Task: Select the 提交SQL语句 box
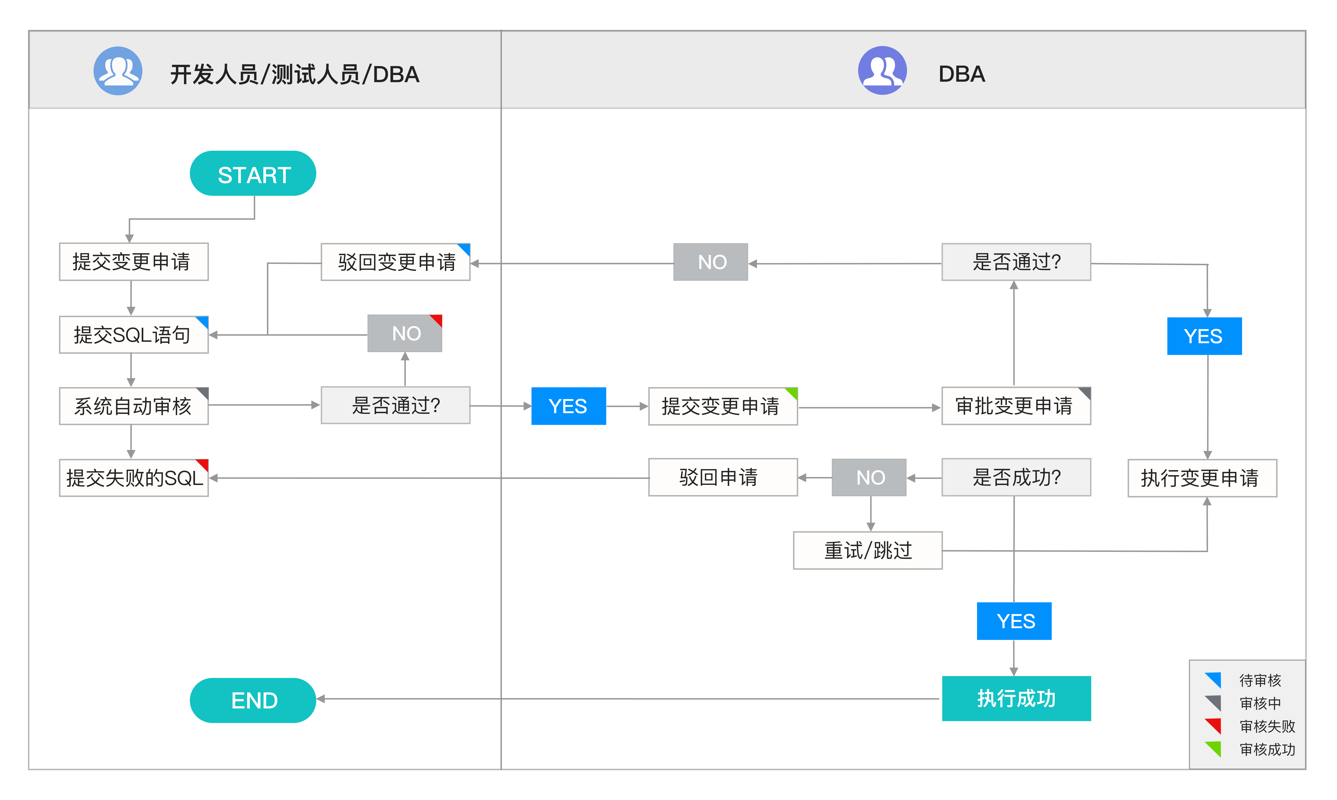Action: [133, 335]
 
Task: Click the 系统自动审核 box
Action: [133, 406]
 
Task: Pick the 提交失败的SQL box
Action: [133, 478]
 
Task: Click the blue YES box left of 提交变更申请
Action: [568, 406]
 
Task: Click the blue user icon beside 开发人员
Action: [118, 71]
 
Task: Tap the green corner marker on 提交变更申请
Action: [792, 392]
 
